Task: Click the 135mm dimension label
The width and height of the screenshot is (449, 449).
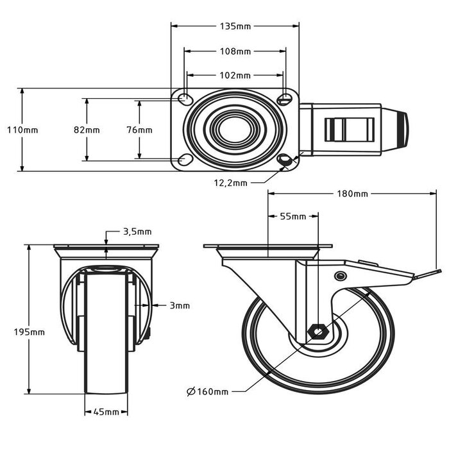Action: pos(235,26)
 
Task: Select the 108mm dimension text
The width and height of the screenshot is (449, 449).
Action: pos(235,51)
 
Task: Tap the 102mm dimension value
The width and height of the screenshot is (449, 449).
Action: pos(235,75)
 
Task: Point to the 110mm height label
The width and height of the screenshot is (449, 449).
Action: pos(22,130)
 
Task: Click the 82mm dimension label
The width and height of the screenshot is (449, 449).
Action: pos(87,130)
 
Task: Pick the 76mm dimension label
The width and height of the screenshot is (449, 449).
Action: pos(139,130)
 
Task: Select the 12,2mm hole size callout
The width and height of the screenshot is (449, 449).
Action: pos(230,183)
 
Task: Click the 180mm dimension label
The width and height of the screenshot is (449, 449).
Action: pos(352,194)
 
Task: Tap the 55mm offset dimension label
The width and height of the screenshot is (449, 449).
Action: pos(293,216)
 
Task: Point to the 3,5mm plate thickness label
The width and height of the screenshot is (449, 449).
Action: pos(137,232)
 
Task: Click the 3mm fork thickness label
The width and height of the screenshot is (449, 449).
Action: pos(180,306)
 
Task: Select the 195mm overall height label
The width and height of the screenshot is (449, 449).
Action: pos(30,332)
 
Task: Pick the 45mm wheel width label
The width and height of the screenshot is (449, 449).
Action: pos(107,412)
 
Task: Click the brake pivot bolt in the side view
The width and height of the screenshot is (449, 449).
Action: pos(340,276)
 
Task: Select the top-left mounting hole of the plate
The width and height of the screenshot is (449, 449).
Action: pos(185,99)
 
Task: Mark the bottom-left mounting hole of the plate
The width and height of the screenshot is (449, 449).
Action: pos(185,159)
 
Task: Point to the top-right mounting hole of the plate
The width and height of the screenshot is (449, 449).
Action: pos(285,99)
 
